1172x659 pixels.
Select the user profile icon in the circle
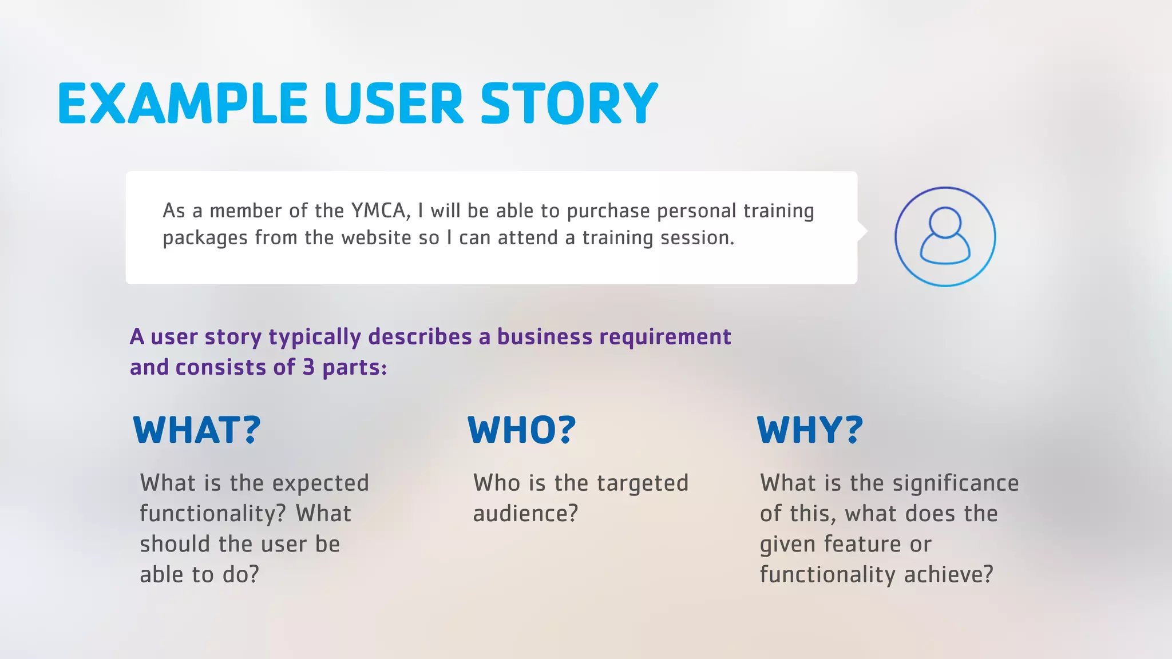(945, 236)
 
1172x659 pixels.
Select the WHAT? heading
(197, 430)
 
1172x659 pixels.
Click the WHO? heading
(522, 430)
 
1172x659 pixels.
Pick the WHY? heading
(810, 430)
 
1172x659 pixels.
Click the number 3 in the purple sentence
(308, 367)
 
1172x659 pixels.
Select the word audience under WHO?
(525, 514)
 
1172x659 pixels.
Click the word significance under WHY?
(955, 484)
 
